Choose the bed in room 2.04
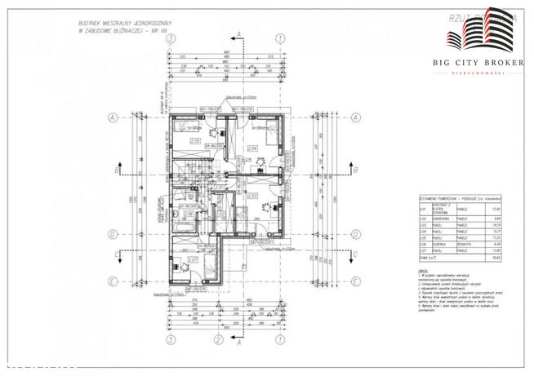point(266,127)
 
